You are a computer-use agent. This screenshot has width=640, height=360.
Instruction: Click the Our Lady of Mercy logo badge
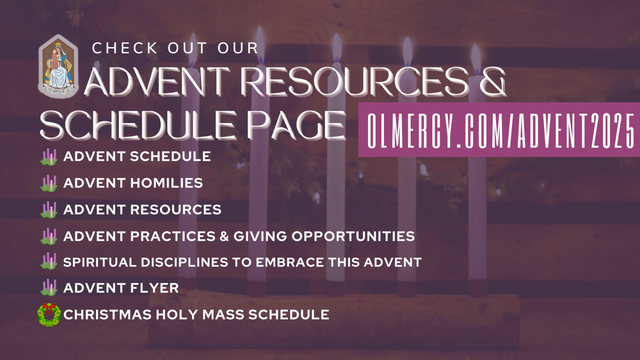58,66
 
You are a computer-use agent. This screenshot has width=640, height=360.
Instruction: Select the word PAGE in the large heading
296,125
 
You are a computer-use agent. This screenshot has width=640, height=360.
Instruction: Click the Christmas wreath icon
49,314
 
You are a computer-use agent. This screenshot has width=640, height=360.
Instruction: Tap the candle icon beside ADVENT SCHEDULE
49,157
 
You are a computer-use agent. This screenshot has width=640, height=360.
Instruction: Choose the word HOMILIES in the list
167,183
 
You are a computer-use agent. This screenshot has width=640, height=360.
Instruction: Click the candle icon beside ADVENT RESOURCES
49,210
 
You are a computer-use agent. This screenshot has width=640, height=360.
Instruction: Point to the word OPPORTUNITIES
353,236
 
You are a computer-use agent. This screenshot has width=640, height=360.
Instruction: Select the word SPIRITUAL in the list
100,262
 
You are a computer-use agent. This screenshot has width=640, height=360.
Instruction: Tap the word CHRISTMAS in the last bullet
107,314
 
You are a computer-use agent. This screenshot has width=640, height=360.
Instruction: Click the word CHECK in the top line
125,48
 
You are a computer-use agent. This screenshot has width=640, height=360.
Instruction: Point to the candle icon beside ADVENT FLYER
49,287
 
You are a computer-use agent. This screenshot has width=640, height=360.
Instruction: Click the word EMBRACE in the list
290,262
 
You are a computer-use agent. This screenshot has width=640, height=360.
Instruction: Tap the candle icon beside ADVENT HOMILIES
49,183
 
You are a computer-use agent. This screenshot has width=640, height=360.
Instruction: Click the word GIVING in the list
260,236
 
